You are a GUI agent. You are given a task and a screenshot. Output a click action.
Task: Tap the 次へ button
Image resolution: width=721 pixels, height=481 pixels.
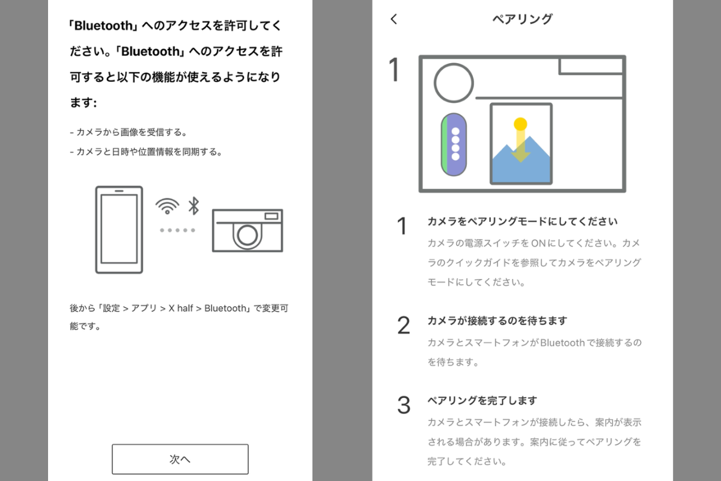180,459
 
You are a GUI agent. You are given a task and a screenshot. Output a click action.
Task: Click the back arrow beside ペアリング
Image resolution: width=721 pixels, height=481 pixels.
394,19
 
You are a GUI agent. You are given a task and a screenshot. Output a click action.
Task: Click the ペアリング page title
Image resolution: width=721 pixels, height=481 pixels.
522,19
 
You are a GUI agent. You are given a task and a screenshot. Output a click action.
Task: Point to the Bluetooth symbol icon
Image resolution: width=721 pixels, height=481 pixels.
193,206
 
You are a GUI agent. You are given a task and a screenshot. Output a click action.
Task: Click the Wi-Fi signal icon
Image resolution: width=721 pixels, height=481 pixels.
167,206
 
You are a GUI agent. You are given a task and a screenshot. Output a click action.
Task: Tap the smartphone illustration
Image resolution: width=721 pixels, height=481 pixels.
119,230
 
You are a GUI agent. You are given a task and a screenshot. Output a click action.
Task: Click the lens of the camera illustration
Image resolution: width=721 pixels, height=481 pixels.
247,235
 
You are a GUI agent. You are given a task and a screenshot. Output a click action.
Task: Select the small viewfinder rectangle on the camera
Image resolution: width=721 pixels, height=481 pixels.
272,216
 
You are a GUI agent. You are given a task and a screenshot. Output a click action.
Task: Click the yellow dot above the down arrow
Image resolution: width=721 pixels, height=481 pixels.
520,124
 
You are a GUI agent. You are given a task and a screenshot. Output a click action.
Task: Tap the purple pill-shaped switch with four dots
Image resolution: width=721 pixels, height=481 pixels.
454,144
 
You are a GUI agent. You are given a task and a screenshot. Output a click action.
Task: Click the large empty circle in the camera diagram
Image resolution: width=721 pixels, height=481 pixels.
454,83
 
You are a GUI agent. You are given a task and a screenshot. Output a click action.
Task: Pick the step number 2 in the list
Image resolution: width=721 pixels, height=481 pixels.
404,325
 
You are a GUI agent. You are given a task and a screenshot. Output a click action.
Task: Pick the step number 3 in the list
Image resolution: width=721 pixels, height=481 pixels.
404,405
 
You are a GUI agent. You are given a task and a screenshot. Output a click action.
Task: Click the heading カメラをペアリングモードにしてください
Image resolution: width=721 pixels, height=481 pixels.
522,221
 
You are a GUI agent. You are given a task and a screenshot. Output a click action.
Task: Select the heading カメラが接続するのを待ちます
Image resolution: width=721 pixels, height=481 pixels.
497,320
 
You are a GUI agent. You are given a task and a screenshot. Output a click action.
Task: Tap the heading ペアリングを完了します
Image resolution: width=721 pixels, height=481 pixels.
482,400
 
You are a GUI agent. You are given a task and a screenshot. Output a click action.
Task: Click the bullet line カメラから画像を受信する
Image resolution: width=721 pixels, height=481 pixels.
128,132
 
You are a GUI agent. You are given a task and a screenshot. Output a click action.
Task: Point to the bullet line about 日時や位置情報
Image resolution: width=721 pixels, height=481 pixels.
146,152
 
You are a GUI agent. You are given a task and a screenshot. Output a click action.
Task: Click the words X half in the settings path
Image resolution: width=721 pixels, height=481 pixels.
181,308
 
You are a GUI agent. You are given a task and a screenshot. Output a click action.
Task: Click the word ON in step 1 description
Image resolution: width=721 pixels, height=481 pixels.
538,244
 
